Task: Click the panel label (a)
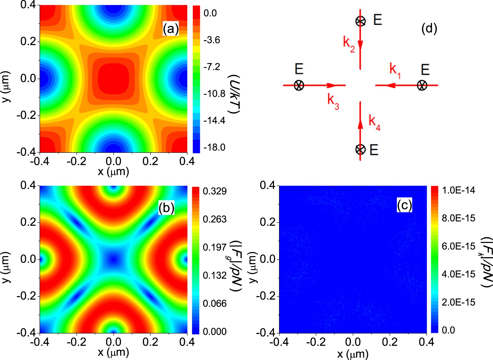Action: (171, 29)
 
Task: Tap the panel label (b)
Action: (166, 208)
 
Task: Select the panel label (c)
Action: (404, 205)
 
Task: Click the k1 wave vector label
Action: (395, 70)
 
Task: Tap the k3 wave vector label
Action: (333, 101)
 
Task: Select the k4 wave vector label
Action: (374, 122)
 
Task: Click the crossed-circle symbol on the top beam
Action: (361, 21)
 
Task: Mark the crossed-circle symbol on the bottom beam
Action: (361, 149)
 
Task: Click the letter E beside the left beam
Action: (299, 69)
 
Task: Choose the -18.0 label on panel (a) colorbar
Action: (214, 147)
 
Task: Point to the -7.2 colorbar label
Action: (212, 67)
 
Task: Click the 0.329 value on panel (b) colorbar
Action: (215, 191)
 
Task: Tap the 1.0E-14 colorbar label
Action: (458, 190)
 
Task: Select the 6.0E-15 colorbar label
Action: (458, 246)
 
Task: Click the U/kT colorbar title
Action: (234, 94)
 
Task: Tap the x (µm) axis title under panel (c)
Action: (353, 354)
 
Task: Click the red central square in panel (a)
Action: (113, 78)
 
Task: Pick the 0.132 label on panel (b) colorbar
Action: (215, 275)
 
